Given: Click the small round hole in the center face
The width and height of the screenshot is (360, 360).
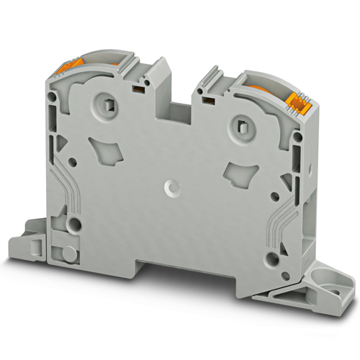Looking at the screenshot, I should click(171, 188).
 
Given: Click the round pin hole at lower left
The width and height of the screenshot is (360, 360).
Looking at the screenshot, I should click(73, 223).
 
